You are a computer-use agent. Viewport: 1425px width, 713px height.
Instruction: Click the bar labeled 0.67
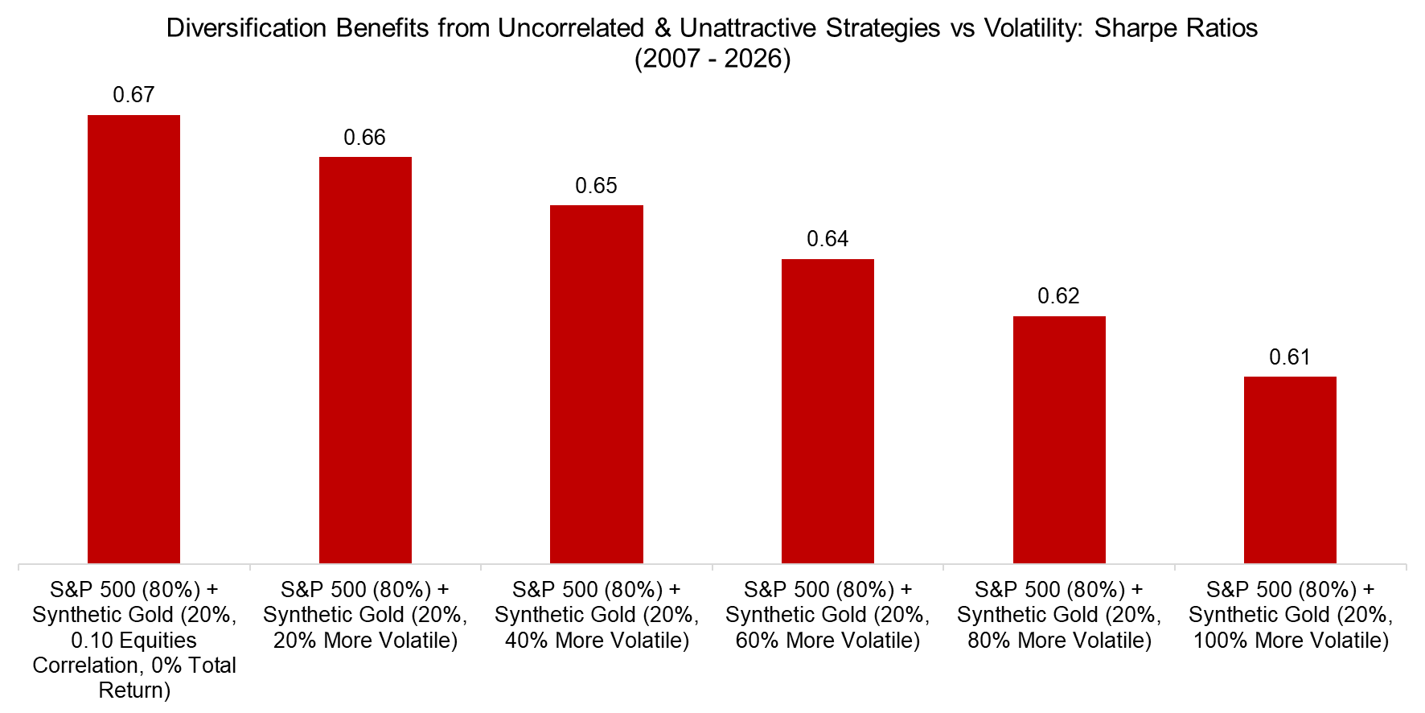pos(133,338)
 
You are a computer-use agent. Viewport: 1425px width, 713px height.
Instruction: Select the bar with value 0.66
pos(365,360)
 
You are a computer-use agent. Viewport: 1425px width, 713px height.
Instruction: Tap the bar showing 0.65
pos(596,384)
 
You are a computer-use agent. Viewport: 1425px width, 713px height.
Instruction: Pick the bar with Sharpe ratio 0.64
pos(827,410)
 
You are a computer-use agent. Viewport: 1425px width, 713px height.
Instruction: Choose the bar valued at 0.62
pos(1059,439)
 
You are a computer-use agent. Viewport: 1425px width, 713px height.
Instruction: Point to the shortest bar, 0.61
pos(1290,469)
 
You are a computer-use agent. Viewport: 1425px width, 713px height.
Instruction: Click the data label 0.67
pos(133,95)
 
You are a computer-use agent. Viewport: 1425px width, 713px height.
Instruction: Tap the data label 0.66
pos(365,138)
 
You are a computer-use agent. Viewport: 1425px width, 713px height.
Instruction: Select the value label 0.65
pos(596,186)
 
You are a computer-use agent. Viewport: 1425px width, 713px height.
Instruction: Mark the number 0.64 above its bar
pos(827,239)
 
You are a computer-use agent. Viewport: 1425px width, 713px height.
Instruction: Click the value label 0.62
pos(1059,296)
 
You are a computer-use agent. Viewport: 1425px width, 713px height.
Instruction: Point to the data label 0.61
pos(1290,357)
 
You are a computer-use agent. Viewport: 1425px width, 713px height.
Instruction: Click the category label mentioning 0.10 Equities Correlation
pos(134,640)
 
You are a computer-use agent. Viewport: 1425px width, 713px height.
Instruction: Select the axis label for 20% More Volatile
pos(365,615)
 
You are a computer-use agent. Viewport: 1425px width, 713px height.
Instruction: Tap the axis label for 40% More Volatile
pos(596,615)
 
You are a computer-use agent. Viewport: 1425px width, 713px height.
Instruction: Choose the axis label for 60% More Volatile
pos(827,615)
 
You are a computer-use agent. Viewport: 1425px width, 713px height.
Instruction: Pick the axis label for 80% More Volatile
pos(1059,615)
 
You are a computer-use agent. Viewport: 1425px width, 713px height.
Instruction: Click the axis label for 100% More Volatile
pos(1290,615)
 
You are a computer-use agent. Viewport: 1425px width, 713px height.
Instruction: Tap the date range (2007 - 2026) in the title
pos(712,59)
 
